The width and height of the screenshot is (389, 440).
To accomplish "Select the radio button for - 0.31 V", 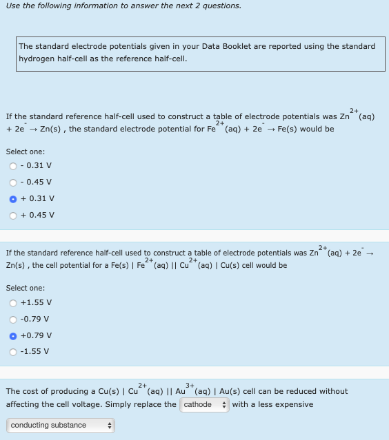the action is (13, 165).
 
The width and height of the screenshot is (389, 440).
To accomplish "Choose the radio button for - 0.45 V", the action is (13, 182).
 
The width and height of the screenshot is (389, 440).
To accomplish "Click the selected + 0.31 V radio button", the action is (13, 198).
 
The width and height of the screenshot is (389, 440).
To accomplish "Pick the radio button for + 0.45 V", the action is (13, 215).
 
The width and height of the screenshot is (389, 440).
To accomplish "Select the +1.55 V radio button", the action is (13, 302).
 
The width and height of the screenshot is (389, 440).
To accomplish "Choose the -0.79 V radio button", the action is (13, 319).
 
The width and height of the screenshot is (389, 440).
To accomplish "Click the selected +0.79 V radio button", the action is (13, 335).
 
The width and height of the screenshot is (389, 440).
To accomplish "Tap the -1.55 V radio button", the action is (13, 352).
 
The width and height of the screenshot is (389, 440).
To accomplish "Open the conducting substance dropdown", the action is (60, 426).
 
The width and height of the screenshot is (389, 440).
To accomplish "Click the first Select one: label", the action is (26, 151).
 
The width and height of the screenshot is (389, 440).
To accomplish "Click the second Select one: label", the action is (26, 288).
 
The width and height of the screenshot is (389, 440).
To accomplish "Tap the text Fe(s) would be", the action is (306, 129).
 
